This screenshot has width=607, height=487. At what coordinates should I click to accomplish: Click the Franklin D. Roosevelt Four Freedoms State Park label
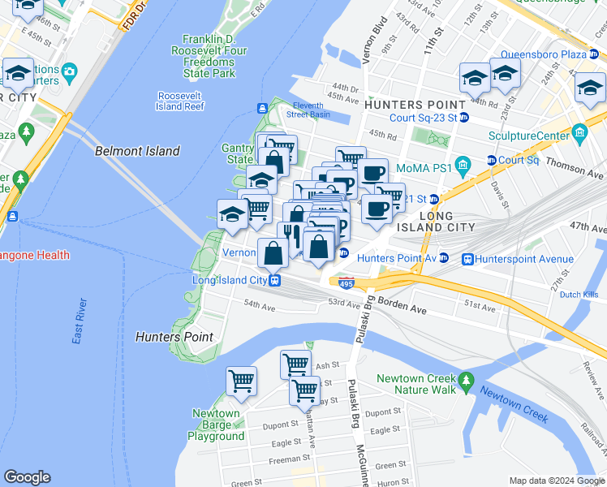coord(209,56)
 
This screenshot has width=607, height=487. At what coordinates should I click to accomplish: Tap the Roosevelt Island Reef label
coord(180,101)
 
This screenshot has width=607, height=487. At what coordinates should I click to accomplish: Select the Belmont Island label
coord(137,151)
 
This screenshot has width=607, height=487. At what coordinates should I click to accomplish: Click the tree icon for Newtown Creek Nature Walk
coord(466,380)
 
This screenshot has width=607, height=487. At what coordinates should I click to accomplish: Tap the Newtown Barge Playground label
coord(216,425)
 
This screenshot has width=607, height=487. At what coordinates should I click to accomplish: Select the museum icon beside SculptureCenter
coord(579,132)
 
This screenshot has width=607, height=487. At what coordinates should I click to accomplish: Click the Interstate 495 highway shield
coord(347,283)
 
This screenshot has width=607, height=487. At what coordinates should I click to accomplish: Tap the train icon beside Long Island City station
coord(276,281)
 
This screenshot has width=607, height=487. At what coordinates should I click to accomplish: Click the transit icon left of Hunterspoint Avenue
coord(467,259)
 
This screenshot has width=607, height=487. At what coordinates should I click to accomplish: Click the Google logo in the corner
coord(27,477)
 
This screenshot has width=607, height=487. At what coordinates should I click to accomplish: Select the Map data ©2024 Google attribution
coord(557,481)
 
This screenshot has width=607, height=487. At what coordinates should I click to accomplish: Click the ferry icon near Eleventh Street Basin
coord(263,109)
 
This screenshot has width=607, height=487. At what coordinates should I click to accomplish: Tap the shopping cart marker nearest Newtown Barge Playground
coord(242,380)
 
